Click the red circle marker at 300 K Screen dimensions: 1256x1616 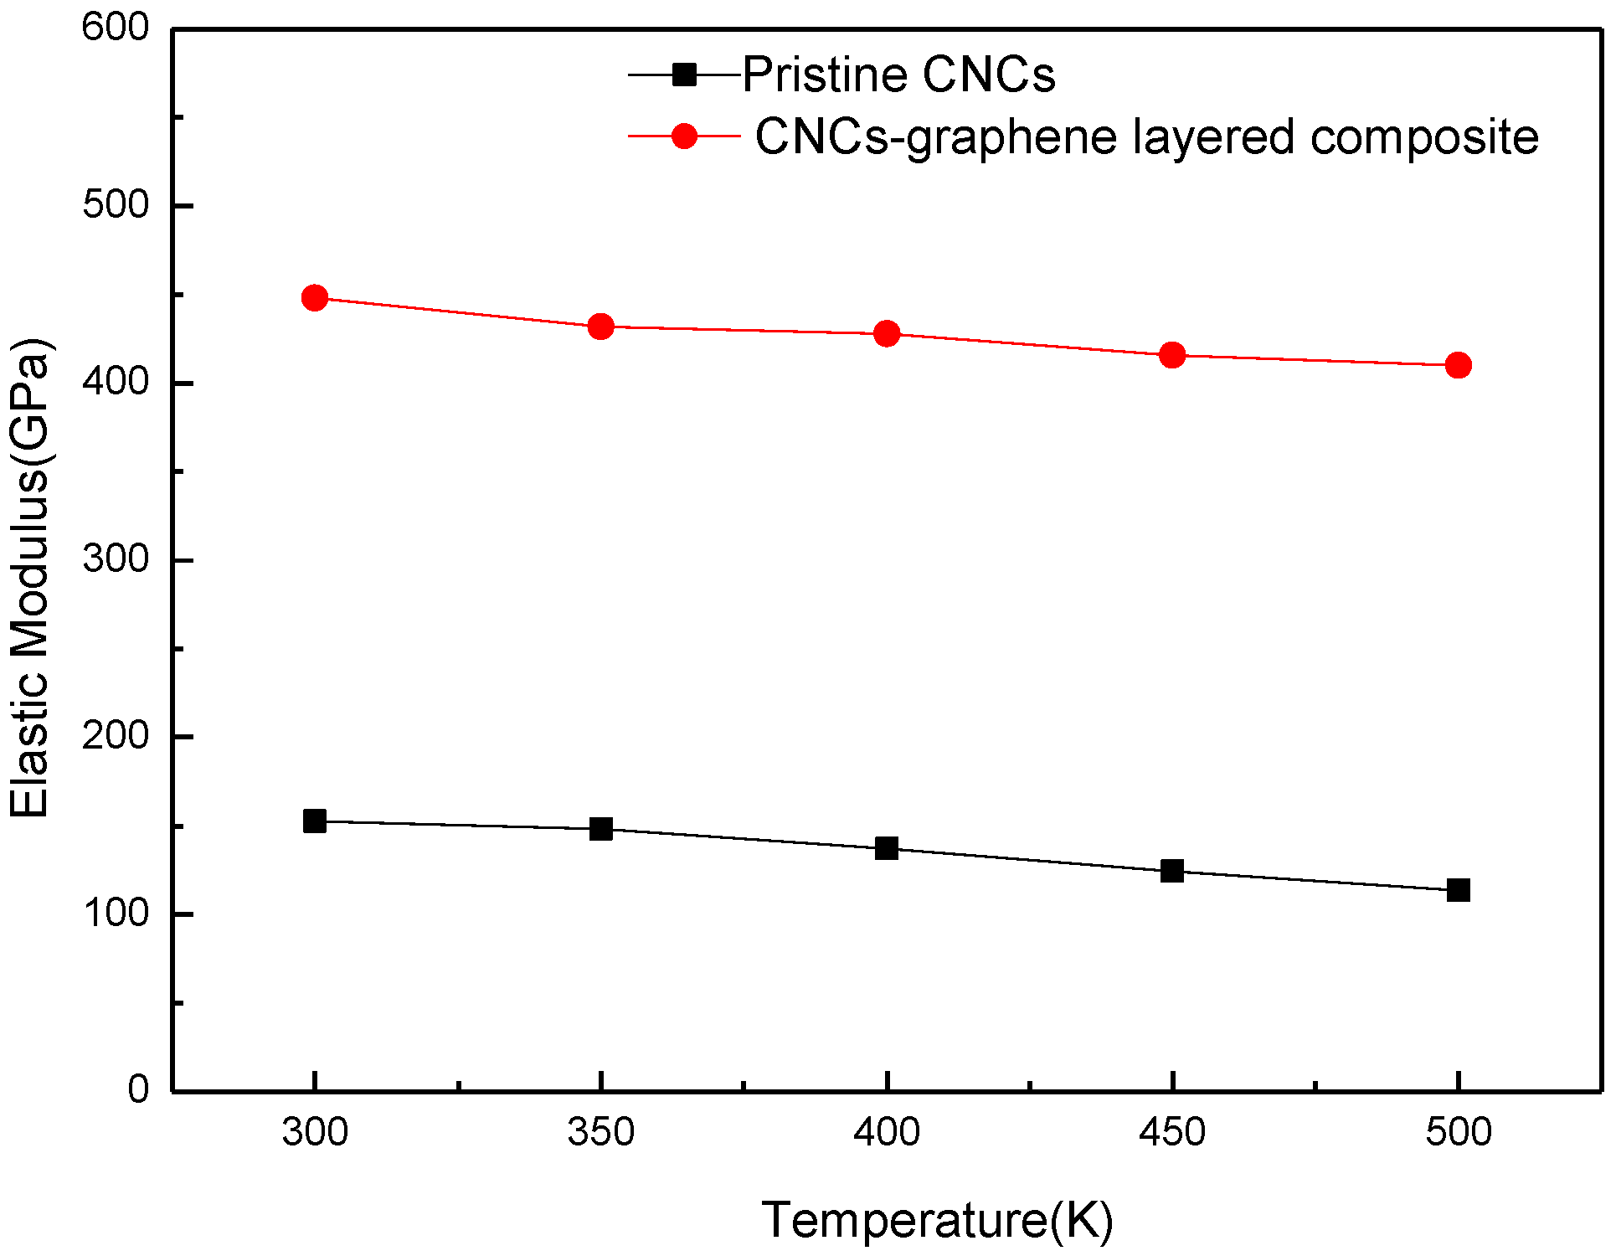tap(315, 298)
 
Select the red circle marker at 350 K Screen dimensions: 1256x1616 tap(601, 327)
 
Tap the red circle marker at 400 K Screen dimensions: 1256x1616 tap(887, 334)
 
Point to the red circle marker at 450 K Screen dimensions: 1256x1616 tap(1172, 355)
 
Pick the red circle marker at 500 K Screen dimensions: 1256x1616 tap(1459, 366)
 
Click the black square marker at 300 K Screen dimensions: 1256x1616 tap(315, 821)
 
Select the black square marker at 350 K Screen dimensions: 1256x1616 tap(601, 830)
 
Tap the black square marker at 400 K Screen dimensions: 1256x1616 tap(887, 849)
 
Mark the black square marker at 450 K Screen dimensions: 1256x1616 tap(1172, 872)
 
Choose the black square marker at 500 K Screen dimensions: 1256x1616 tap(1459, 890)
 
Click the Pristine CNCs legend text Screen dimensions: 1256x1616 tap(898, 75)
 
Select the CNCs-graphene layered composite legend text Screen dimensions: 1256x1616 tap(1146, 137)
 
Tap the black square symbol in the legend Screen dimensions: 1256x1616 tap(685, 75)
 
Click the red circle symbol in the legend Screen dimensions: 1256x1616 tap(685, 136)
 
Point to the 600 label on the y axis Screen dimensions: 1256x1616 tap(116, 28)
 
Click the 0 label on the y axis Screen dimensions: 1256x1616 tap(138, 1089)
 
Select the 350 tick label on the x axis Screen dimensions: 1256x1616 tap(601, 1133)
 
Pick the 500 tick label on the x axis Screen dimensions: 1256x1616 tap(1459, 1133)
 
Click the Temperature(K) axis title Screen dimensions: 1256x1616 tap(937, 1220)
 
